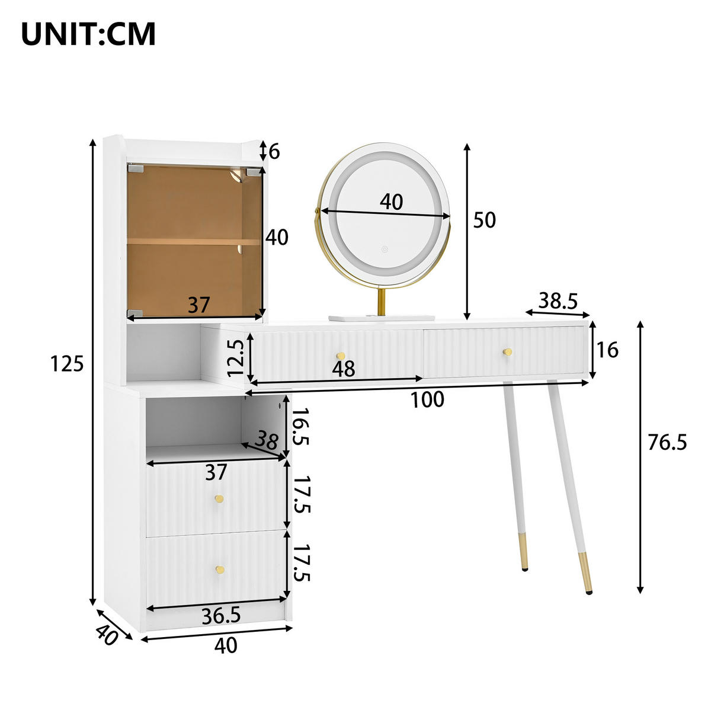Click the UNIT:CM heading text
[x=88, y=34]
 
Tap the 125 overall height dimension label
[x=67, y=364]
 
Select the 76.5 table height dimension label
[x=667, y=442]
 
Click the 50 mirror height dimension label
[x=484, y=220]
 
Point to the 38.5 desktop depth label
[x=558, y=300]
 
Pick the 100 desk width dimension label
[x=427, y=399]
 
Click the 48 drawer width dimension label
[x=344, y=369]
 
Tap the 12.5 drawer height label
[x=236, y=358]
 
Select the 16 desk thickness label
[x=607, y=350]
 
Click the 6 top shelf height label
[x=274, y=152]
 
